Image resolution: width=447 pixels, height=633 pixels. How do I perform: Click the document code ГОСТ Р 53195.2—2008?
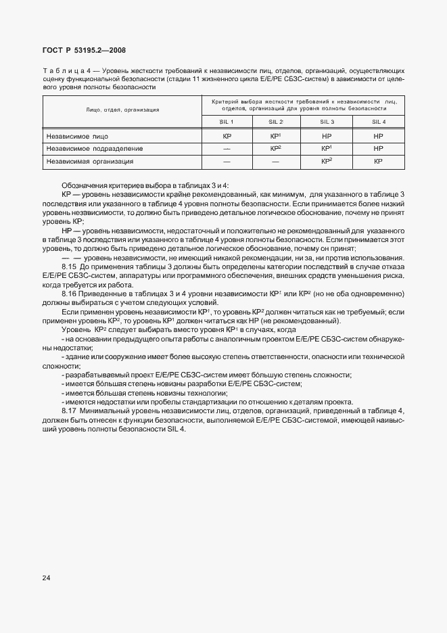(84, 50)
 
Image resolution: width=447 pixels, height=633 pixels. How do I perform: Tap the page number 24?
(47, 578)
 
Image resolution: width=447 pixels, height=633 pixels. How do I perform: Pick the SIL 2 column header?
(275, 122)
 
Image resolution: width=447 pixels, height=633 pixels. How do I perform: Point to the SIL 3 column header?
(326, 122)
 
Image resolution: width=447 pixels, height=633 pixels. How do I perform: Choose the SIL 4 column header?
(378, 122)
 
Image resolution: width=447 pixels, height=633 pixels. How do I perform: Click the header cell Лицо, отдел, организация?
(122, 109)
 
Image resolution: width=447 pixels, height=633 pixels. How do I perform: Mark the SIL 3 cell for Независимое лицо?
(326, 136)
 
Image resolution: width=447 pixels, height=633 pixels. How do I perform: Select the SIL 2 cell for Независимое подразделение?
(275, 148)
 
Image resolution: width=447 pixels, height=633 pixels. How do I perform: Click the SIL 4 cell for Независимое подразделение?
(378, 148)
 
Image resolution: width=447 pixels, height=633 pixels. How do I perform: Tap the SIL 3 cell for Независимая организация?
(326, 162)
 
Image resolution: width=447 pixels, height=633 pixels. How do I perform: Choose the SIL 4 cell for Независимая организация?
(378, 162)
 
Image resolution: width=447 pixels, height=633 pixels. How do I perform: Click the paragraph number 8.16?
(70, 294)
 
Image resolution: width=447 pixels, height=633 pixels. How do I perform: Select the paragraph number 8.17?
(70, 411)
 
